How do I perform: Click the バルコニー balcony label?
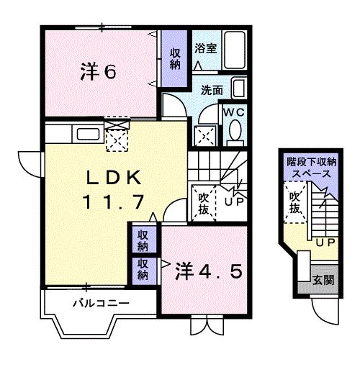tap(100, 303)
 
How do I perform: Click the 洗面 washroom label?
tap(212, 91)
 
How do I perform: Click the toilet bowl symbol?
tap(235, 132)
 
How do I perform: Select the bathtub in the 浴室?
tap(233, 49)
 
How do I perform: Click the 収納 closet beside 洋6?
tap(175, 58)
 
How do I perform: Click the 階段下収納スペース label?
tap(309, 168)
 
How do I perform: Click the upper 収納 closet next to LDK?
tap(144, 239)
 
